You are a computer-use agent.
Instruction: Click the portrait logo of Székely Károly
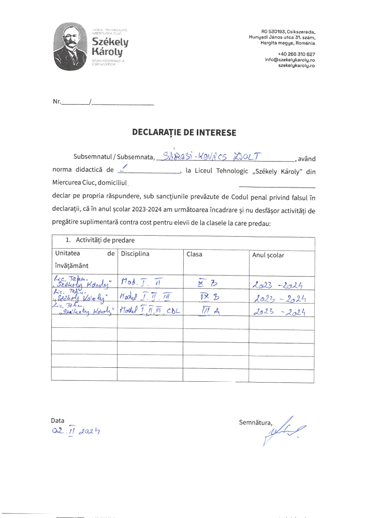point(71,46)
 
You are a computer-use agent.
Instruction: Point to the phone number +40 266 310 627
point(296,54)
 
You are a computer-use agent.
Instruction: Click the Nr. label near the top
point(57,102)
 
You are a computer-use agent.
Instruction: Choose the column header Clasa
point(194,254)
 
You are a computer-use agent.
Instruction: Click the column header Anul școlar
point(268,255)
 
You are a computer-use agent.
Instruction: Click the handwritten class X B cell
point(203,283)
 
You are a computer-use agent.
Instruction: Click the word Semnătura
point(255,423)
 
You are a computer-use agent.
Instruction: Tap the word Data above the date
point(57,421)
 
